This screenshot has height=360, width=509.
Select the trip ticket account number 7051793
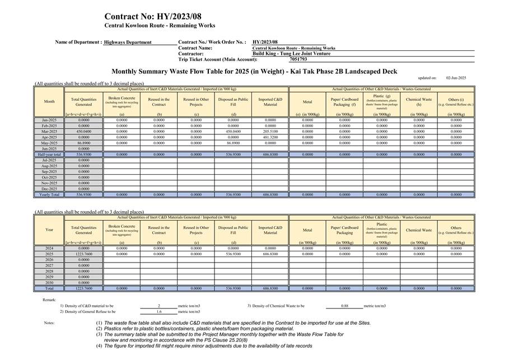(x=298, y=59)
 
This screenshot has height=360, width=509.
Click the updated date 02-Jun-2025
(x=456, y=78)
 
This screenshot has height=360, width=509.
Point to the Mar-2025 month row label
(x=49, y=131)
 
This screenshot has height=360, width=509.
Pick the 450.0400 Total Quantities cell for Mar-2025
(x=83, y=131)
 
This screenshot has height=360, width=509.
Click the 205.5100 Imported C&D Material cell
(x=270, y=131)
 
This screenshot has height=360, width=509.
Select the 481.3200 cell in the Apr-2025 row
(x=270, y=137)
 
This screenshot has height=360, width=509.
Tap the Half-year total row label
(x=49, y=154)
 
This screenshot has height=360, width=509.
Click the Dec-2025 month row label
(x=49, y=189)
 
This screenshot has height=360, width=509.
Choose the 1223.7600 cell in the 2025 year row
(x=83, y=254)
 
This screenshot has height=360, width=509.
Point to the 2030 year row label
(x=49, y=282)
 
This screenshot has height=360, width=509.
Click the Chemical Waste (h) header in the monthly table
(x=419, y=102)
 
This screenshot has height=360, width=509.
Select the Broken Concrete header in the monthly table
(x=122, y=100)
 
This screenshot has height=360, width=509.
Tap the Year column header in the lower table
(x=49, y=230)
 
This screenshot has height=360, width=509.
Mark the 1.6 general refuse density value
(x=158, y=312)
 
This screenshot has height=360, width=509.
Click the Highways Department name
(x=128, y=42)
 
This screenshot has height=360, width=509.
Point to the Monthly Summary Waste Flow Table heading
(x=254, y=71)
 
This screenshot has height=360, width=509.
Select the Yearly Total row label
(x=49, y=194)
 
